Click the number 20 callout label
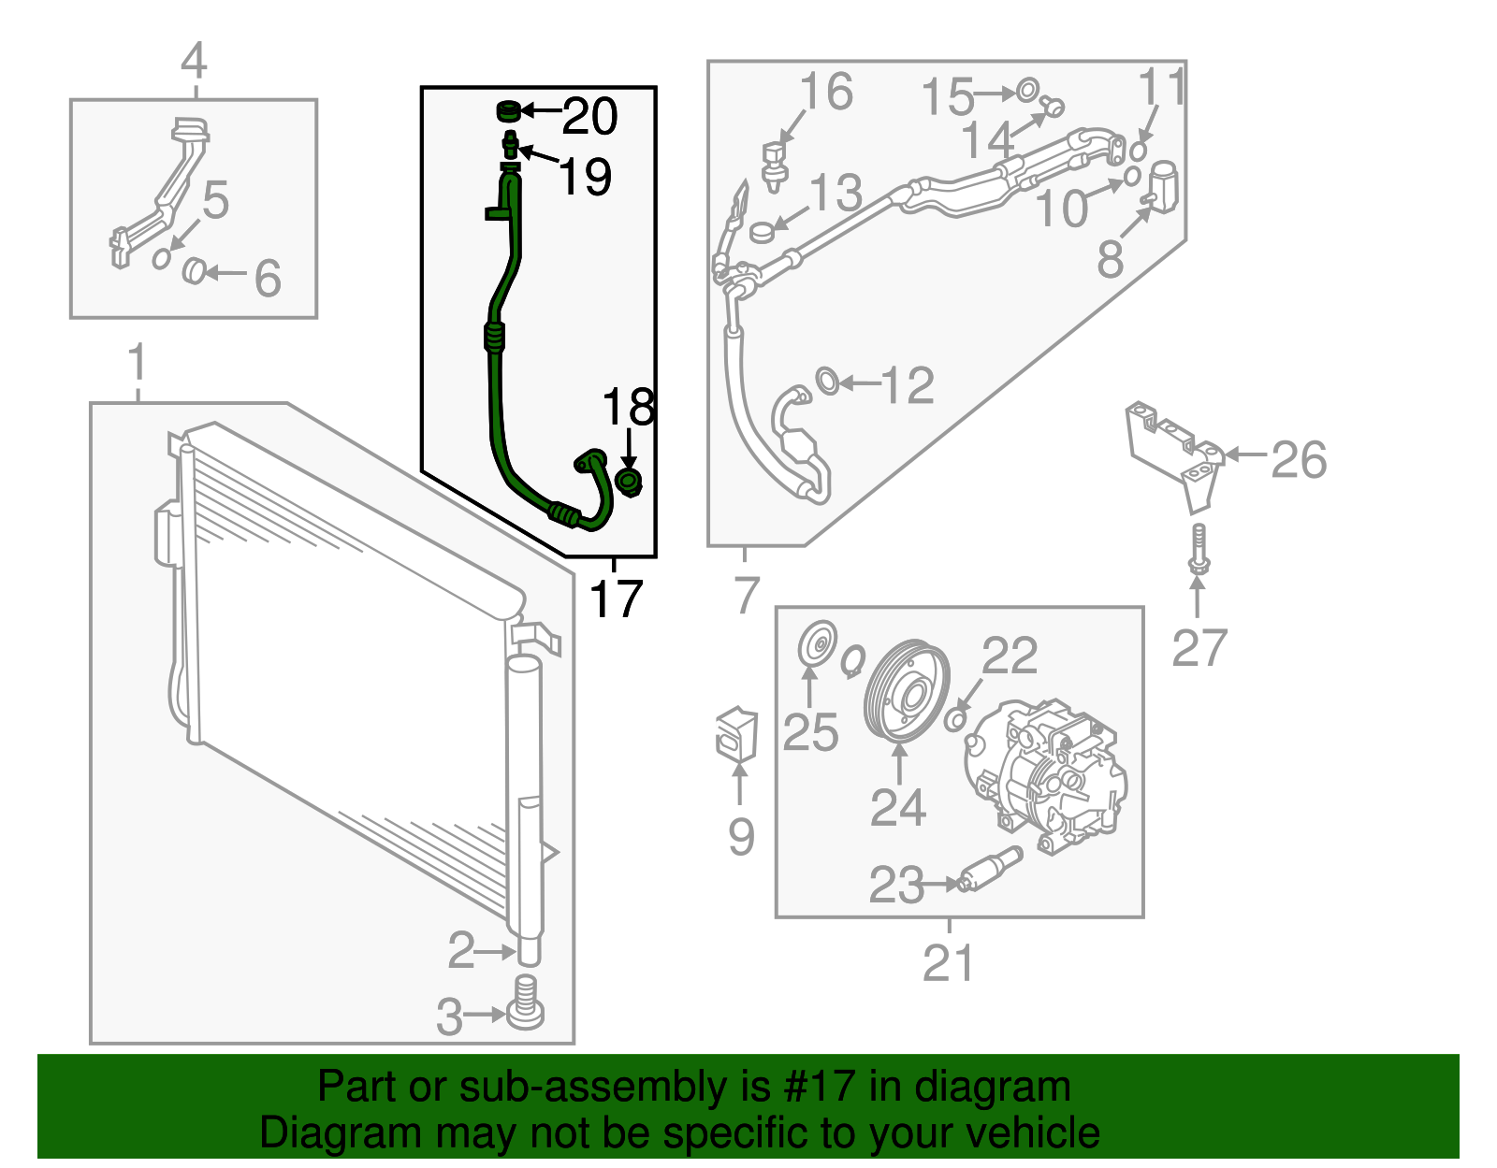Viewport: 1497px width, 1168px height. [590, 116]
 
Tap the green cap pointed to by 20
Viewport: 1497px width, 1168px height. [507, 112]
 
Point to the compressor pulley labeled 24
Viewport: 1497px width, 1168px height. [906, 691]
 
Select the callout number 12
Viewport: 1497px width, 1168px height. [908, 385]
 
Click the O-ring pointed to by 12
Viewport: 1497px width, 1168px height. [827, 381]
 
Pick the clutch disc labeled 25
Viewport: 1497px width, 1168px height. [817, 646]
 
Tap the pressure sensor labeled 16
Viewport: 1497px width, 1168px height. [773, 164]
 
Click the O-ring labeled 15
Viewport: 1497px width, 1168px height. [1025, 91]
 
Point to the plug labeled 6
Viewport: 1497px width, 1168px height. [194, 271]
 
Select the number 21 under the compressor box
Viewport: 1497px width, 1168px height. [949, 963]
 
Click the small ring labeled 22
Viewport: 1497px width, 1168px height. [955, 718]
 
